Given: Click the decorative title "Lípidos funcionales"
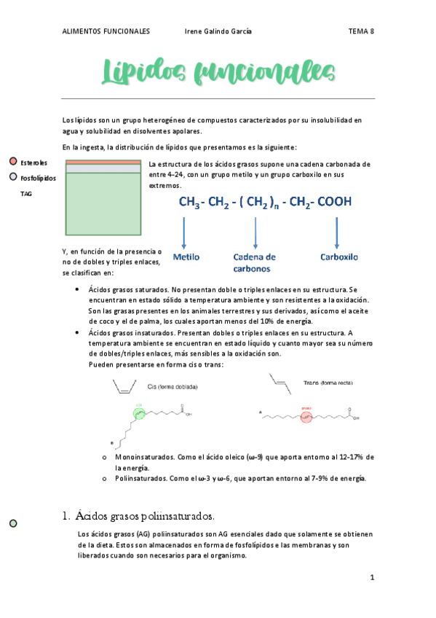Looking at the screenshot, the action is point(218,73).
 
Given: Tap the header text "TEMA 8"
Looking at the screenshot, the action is point(361,31).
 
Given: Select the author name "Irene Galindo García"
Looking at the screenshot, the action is point(219,31).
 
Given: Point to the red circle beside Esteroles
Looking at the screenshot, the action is point(13,162).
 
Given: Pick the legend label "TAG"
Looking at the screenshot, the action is point(26,194).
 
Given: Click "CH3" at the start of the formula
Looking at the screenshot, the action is point(190,203).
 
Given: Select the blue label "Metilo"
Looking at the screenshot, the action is point(186,257).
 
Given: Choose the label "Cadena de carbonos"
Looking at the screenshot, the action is point(254,262).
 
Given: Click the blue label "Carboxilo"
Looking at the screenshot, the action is point(339,257).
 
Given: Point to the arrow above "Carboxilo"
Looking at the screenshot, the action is point(336,232).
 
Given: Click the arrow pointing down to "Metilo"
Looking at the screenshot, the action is point(183,232).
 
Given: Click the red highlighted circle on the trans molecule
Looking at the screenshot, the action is point(306,418).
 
